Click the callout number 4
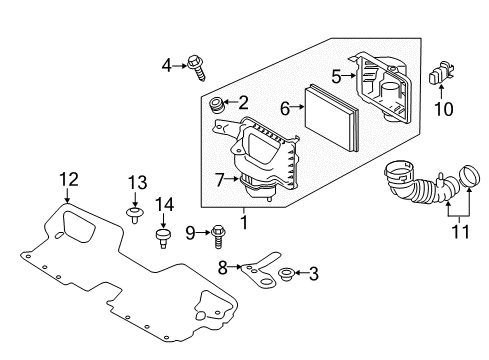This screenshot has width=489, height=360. (x=167, y=65)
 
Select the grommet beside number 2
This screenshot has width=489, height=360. (x=214, y=104)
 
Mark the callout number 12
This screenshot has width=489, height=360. (x=67, y=180)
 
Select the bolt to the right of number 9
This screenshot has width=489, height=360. (x=216, y=234)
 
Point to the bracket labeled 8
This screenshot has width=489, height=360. (x=261, y=265)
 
